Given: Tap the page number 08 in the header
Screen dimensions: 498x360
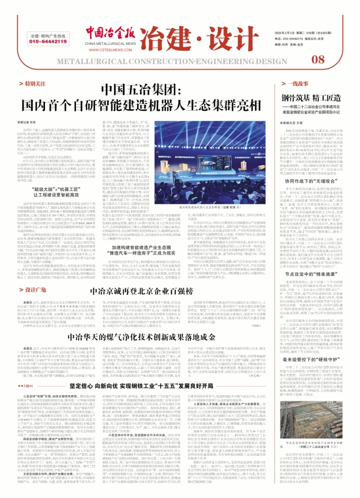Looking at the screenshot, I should [317, 60].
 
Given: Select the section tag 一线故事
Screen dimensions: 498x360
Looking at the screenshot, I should [290, 84].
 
